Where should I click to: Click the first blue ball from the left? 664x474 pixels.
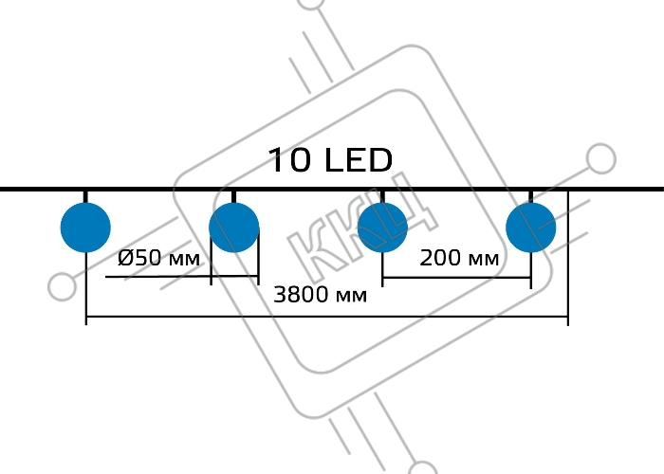coord(85,228)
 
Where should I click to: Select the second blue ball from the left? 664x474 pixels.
coord(234,228)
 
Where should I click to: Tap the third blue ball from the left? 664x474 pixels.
coord(383,228)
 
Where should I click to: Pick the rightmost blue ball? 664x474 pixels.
coord(531,228)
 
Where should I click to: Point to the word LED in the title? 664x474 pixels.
coord(360,160)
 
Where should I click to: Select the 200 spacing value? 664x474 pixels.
coord(441,257)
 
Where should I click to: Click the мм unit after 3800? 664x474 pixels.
coord(352,297)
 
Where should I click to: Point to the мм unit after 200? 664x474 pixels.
coord(484,260)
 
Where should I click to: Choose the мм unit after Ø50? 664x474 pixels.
coord(184,260)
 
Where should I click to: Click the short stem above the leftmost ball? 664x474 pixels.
coord(85,197)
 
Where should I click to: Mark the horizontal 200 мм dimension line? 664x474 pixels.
coord(457,278)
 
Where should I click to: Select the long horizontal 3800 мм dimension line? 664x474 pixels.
coord(327,316)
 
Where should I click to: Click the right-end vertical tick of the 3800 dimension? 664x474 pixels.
coord(568,258)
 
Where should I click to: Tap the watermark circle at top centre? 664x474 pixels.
coord(312,3)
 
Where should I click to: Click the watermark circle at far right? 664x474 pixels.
coord(600,158)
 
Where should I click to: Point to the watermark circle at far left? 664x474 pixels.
coord(63,287)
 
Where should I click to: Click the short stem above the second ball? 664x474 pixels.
coord(234,197)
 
